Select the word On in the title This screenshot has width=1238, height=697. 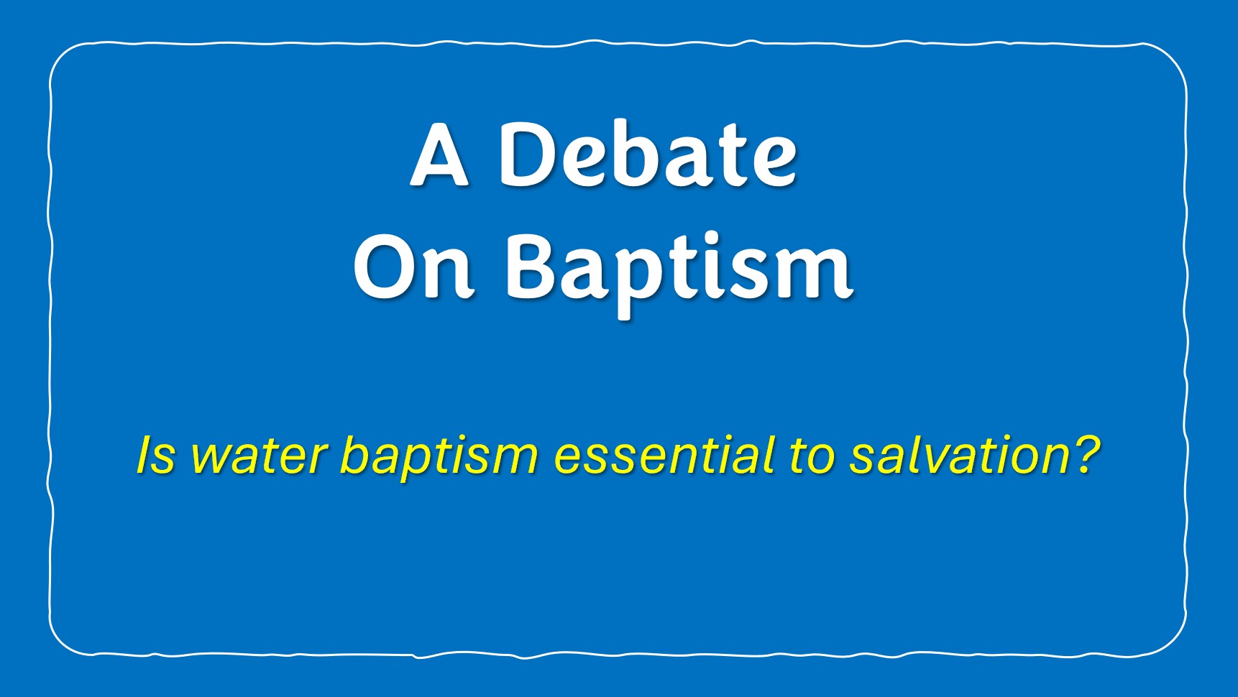(x=413, y=267)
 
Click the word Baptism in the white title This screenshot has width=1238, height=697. (x=679, y=274)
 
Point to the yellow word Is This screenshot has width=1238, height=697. (x=155, y=455)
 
